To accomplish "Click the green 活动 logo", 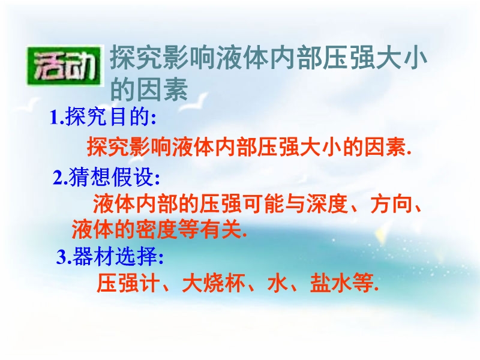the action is (64, 66).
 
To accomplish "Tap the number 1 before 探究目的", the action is (55, 118).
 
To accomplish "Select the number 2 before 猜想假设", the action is (58, 178).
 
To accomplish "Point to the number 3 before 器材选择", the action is (61, 257).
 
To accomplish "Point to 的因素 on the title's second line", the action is (149, 89).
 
